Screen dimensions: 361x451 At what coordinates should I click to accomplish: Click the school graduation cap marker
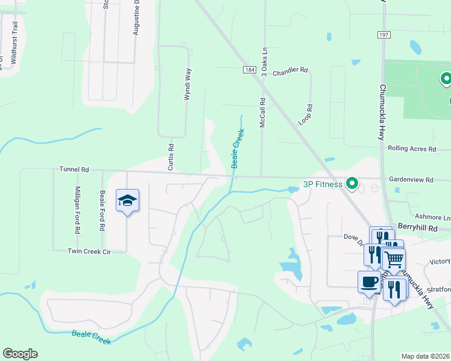tap(127, 200)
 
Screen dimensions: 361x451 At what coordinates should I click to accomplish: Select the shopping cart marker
tap(394, 260)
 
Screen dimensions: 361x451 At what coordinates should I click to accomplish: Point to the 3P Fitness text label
tap(323, 184)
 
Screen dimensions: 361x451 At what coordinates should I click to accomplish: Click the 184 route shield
tap(250, 70)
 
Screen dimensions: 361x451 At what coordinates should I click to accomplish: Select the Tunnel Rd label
tap(74, 170)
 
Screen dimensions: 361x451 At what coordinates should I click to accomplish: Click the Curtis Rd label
tap(171, 155)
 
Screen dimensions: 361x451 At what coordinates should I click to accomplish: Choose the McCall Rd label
tap(263, 112)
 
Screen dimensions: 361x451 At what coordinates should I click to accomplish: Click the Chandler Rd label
tap(290, 71)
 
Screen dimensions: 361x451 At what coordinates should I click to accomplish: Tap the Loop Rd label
tap(308, 114)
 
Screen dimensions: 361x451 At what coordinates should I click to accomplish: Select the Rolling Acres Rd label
tap(412, 149)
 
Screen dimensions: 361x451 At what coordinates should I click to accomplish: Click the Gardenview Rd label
tap(411, 180)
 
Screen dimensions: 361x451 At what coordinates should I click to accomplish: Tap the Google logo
tap(20, 354)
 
